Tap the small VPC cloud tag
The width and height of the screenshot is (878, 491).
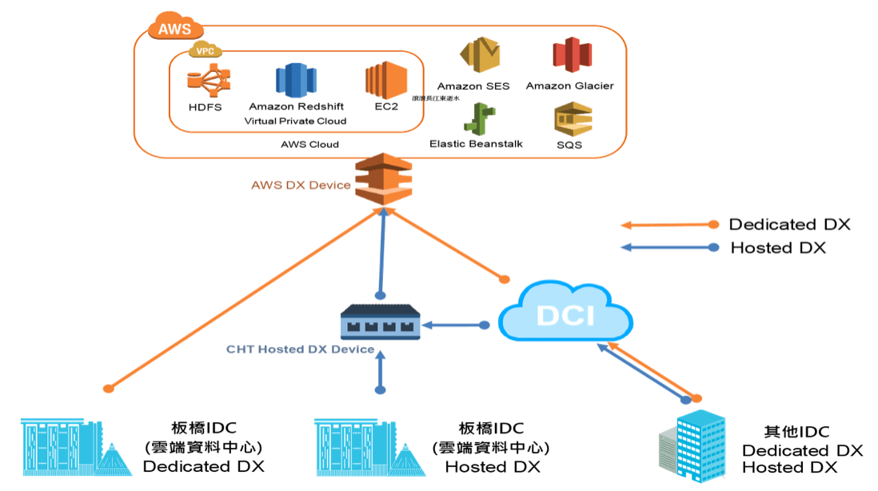[204, 50]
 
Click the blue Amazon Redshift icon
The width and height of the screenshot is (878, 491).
[297, 81]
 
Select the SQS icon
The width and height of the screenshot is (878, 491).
[571, 119]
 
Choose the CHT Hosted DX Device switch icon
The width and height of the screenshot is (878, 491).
[380, 324]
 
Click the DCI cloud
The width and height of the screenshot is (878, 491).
[565, 314]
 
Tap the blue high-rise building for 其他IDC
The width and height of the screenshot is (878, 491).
[693, 449]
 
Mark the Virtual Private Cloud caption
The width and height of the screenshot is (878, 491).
[295, 121]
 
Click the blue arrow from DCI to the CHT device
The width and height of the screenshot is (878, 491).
[454, 325]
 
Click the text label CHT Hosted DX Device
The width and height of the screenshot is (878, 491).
[300, 349]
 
